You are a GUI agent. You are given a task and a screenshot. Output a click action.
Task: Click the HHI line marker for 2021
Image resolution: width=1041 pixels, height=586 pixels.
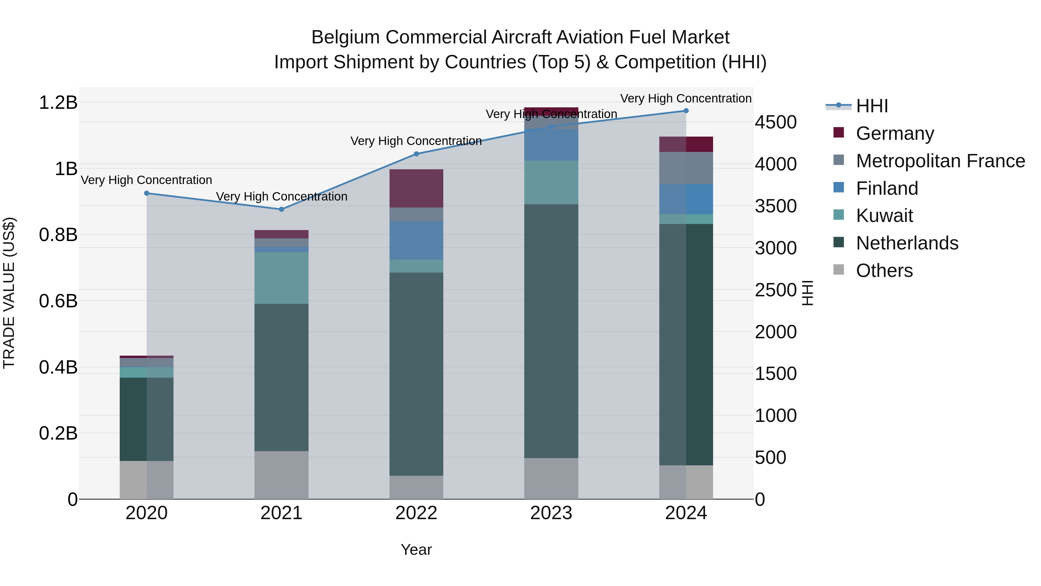(282, 209)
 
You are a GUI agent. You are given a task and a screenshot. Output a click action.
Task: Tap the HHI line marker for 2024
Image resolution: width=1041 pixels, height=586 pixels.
(686, 111)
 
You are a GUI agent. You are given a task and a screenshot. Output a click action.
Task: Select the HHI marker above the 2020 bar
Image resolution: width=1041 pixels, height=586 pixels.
(147, 193)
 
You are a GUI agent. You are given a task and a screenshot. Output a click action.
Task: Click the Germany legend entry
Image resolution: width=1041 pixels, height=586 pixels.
(894, 133)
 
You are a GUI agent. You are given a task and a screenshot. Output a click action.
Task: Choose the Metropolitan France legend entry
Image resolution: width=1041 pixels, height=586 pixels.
(940, 161)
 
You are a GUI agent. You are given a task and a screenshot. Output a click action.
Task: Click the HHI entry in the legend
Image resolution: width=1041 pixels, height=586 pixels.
(871, 106)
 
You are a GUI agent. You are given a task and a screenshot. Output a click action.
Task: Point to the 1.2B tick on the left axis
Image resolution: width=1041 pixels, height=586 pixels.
(58, 103)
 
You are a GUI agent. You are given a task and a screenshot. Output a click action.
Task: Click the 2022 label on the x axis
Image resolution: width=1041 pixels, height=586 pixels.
(416, 513)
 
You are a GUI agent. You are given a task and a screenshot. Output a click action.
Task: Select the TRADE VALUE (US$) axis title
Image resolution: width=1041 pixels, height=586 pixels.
(9, 293)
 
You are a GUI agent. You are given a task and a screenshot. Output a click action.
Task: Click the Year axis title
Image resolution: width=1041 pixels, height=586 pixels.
(416, 550)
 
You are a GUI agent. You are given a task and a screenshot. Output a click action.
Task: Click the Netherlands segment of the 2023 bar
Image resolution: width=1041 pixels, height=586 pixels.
(551, 331)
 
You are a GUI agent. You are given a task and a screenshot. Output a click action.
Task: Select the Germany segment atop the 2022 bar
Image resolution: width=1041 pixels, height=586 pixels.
(416, 188)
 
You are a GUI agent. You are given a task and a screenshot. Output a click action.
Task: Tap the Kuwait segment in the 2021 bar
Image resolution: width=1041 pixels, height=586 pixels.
(282, 278)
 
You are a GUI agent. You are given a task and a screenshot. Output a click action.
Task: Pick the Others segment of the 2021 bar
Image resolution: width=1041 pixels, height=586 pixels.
(282, 475)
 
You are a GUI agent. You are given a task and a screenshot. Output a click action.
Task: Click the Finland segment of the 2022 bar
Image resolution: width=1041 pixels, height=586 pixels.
(416, 240)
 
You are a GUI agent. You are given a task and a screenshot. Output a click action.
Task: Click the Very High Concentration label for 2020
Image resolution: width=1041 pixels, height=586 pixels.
(147, 180)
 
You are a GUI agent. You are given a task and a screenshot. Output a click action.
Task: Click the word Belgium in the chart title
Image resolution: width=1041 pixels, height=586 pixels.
(346, 37)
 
